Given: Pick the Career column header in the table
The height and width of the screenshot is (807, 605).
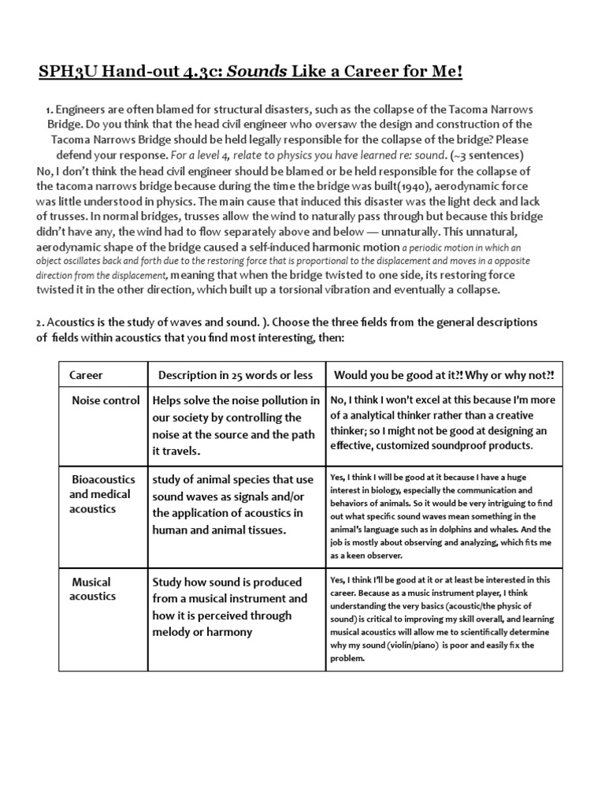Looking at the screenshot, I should coord(87,374).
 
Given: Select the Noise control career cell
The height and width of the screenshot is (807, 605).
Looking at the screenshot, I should coord(106,400).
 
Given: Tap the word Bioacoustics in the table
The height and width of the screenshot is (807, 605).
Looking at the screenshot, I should coord(104,479).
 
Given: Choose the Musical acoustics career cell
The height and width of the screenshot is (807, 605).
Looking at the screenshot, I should coord(92,589).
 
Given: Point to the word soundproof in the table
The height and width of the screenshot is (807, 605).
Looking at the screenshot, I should coord(454,445).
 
